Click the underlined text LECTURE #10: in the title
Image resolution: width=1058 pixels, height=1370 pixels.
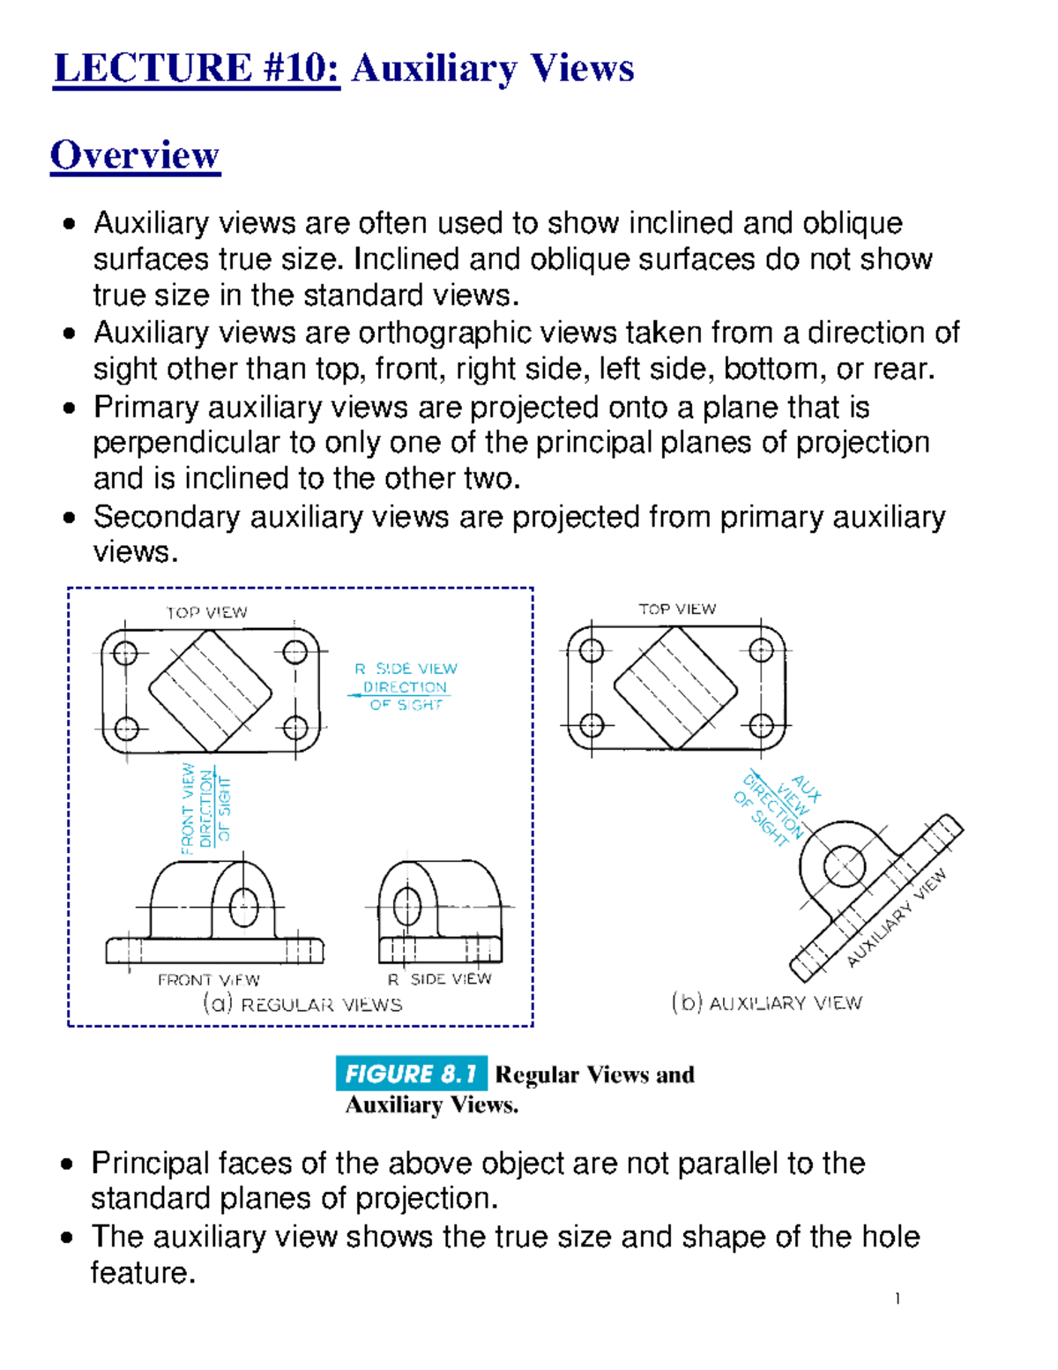pyautogui.click(x=196, y=69)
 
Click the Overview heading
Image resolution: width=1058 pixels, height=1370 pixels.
pyautogui.click(x=134, y=155)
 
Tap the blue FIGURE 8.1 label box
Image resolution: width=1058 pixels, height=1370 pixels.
pyautogui.click(x=410, y=1074)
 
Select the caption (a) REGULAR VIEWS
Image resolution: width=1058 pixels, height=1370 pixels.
pyautogui.click(x=302, y=1004)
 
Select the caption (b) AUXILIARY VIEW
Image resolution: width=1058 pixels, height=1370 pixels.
pyautogui.click(x=766, y=1003)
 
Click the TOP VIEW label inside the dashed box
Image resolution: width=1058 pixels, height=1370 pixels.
pyautogui.click(x=207, y=612)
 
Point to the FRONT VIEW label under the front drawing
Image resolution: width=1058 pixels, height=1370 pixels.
pyautogui.click(x=208, y=980)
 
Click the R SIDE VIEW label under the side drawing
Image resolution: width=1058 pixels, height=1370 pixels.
pyautogui.click(x=439, y=979)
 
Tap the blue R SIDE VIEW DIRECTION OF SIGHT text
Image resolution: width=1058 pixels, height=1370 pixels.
pyautogui.click(x=406, y=686)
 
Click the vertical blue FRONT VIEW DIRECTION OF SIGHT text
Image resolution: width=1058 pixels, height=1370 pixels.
pyautogui.click(x=205, y=807)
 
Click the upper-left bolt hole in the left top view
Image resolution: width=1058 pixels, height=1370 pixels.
pyautogui.click(x=125, y=654)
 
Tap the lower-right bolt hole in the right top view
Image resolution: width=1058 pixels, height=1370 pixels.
pyautogui.click(x=760, y=726)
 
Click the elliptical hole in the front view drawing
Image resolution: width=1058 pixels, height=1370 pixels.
pyautogui.click(x=243, y=907)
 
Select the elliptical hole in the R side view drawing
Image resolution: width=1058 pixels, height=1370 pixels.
pyautogui.click(x=406, y=905)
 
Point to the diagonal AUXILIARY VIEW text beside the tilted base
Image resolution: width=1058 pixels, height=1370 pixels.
pyautogui.click(x=897, y=917)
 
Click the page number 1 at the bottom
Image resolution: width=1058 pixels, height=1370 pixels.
pyautogui.click(x=897, y=1299)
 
